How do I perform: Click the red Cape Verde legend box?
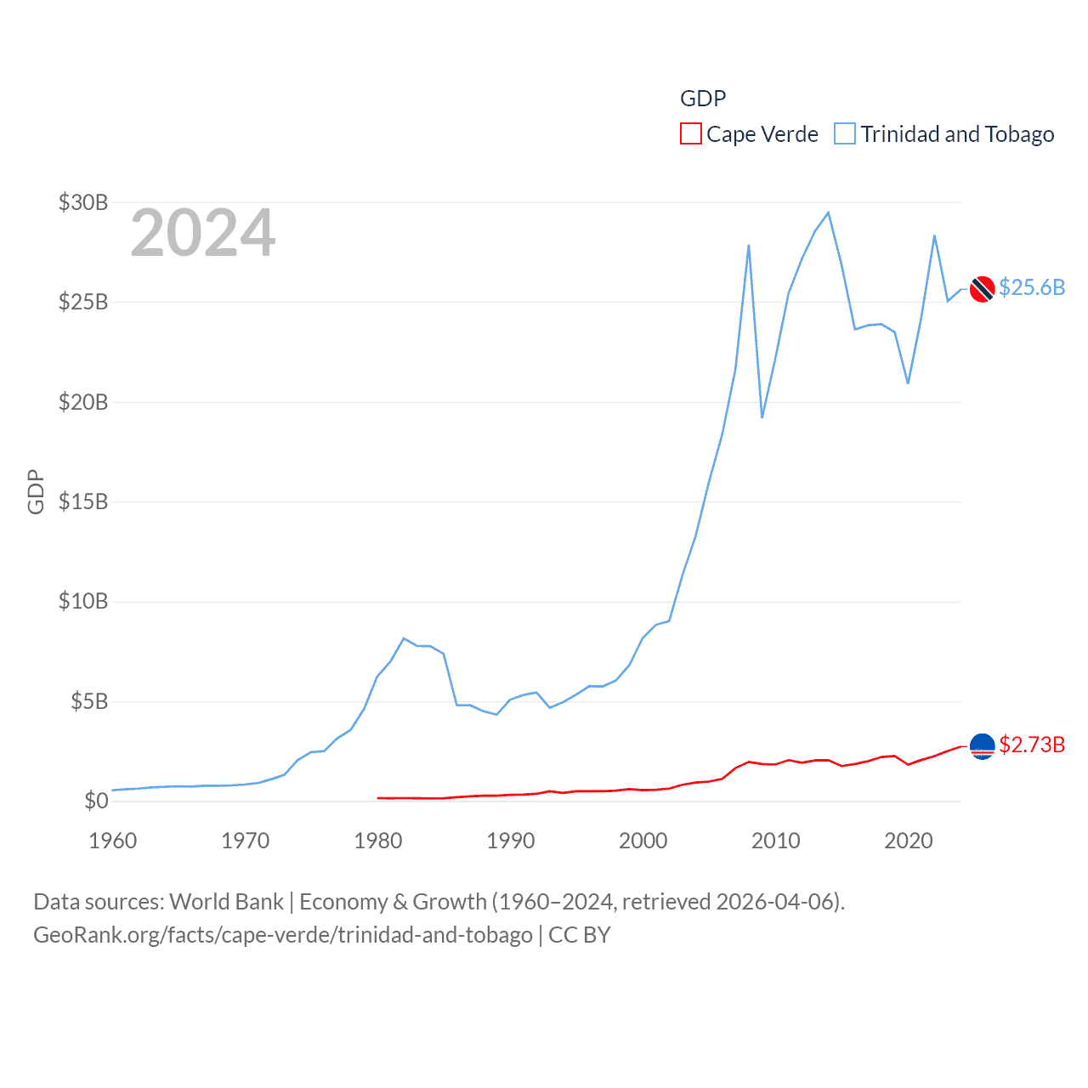click(x=690, y=134)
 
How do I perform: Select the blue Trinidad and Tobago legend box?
click(x=844, y=134)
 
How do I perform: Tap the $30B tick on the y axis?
click(x=83, y=202)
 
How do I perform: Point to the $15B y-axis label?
click(x=83, y=501)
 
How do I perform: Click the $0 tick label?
click(x=96, y=801)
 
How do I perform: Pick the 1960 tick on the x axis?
click(x=113, y=841)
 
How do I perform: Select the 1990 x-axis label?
click(x=511, y=841)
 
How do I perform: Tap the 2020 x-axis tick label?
click(x=909, y=841)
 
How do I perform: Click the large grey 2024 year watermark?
click(x=202, y=233)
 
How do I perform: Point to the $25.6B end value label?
click(x=1032, y=287)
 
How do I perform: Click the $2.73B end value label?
click(x=1032, y=745)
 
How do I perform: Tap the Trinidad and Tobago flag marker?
click(x=983, y=289)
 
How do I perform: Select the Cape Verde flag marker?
click(x=983, y=746)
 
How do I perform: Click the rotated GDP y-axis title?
click(x=36, y=491)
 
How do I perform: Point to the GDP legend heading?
click(x=703, y=99)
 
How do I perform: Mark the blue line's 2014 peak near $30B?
click(x=828, y=212)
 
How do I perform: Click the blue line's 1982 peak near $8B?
click(x=404, y=638)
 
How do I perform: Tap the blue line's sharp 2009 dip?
click(x=762, y=417)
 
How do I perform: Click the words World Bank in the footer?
click(x=226, y=901)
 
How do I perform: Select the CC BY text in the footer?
click(x=580, y=935)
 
